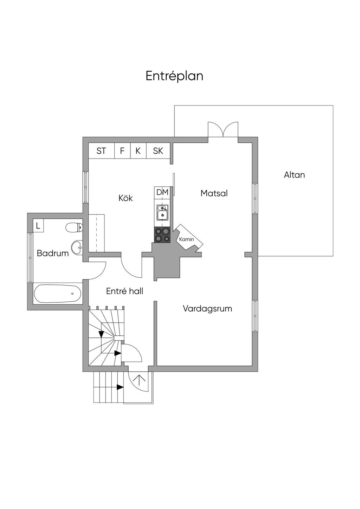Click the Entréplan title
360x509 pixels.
click(174, 76)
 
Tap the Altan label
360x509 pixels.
click(294, 175)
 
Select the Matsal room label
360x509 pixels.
click(214, 193)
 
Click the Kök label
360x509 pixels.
click(126, 198)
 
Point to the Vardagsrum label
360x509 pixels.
click(207, 309)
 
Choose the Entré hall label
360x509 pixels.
click(124, 291)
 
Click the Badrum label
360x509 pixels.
click(53, 253)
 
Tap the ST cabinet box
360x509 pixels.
click(101, 151)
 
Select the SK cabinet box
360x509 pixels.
click(158, 151)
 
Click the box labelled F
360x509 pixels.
click(122, 151)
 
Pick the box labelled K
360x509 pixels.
click(138, 151)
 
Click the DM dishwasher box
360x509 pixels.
click(162, 192)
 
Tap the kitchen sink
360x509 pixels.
click(162, 213)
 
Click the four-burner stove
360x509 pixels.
click(162, 235)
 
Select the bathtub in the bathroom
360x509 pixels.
click(58, 294)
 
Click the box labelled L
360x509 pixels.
click(38, 226)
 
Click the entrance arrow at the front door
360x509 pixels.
click(140, 380)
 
